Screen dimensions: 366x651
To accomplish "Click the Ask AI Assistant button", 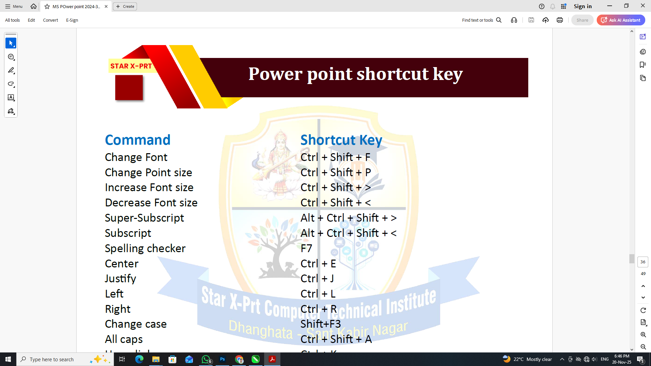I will click(621, 20).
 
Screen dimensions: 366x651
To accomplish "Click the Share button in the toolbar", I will click(582, 20).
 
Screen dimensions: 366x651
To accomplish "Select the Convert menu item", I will click(50, 20).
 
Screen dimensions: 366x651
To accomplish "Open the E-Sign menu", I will click(72, 20).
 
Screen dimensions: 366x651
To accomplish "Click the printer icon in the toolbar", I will click(560, 20).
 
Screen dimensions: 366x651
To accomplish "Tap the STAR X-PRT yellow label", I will click(131, 66).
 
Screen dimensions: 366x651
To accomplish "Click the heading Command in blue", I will click(138, 140).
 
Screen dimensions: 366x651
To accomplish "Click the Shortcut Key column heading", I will click(341, 140).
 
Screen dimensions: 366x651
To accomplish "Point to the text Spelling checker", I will click(145, 248).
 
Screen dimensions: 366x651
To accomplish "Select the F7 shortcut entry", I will click(306, 248).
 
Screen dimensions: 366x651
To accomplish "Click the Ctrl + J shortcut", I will click(317, 279).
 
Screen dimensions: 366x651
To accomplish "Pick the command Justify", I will click(120, 279).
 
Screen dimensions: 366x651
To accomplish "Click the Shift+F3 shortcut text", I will click(320, 324).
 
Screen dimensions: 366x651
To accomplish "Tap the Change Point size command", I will click(149, 172).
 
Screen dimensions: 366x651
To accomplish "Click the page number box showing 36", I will click(643, 262).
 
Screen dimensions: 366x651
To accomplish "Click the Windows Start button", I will click(8, 359).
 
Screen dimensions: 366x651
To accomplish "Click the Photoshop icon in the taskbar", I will click(222, 359).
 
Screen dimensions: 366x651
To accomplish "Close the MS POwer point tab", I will click(106, 6).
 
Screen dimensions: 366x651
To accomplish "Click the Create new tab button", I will click(125, 6).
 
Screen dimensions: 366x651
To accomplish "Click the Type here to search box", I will click(54, 359).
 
